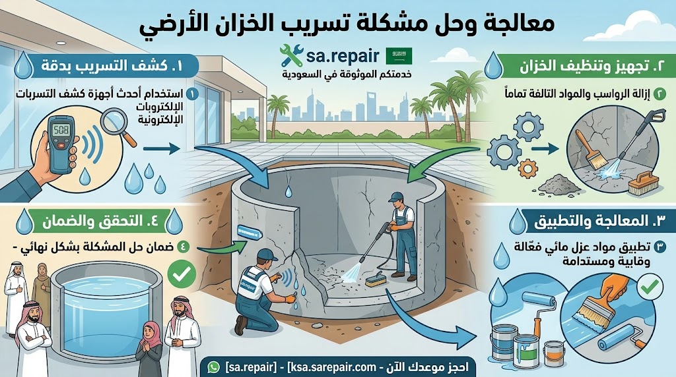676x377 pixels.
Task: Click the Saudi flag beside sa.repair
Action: (x=397, y=52)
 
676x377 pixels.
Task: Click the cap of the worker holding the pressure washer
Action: (x=395, y=196)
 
